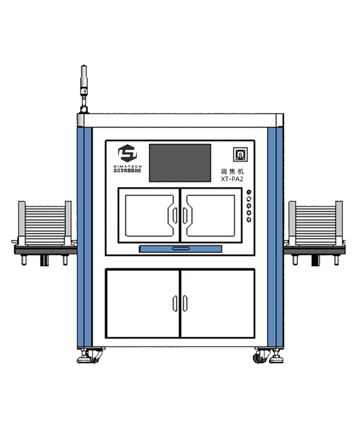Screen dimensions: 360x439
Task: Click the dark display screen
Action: point(180,163)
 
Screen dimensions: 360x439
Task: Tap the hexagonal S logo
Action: point(128,153)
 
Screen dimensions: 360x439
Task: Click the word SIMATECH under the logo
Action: point(128,166)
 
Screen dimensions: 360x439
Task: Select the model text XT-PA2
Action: point(232,179)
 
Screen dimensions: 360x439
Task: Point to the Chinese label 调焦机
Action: point(232,171)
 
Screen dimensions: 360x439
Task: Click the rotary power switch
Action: point(240,155)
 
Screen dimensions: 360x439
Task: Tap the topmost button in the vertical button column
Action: point(249,192)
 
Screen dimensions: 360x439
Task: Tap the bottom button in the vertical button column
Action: point(249,219)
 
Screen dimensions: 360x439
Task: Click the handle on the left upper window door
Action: point(175,215)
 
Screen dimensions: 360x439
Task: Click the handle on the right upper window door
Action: point(185,215)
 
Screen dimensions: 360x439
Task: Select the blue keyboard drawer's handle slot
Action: point(181,248)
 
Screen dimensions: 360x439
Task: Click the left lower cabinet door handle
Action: point(175,303)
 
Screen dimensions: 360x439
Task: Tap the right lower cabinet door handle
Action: point(185,303)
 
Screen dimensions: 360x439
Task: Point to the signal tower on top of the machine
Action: point(84,89)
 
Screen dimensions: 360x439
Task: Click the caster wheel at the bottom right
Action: point(259,357)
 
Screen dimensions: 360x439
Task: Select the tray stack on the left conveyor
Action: point(45,223)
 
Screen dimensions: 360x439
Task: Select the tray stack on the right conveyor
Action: point(316,223)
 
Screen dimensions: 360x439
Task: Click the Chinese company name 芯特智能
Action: point(128,171)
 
